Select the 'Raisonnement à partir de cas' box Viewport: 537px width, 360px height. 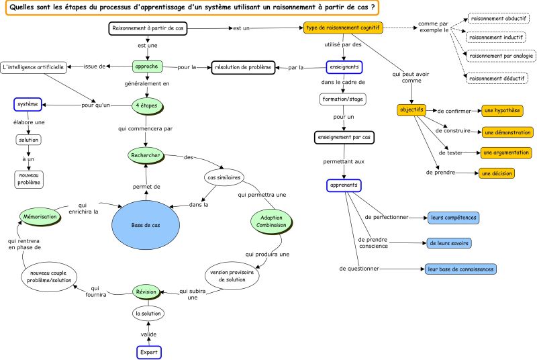[147, 28]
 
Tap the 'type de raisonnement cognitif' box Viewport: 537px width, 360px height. [343, 28]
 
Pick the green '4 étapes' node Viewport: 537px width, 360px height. [146, 105]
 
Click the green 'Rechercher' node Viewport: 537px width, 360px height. [146, 155]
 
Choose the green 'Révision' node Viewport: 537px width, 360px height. [146, 291]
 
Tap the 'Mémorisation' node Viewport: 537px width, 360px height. [40, 218]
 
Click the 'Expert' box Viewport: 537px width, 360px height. [148, 352]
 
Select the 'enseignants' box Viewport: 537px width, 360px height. [344, 67]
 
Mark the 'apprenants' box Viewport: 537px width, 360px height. [344, 185]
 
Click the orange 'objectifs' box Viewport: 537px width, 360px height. [411, 109]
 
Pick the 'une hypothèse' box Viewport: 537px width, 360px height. [503, 109]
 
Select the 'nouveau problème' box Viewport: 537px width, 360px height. [28, 179]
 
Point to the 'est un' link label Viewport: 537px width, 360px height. [241, 28]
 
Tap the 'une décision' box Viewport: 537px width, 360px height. [496, 173]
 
